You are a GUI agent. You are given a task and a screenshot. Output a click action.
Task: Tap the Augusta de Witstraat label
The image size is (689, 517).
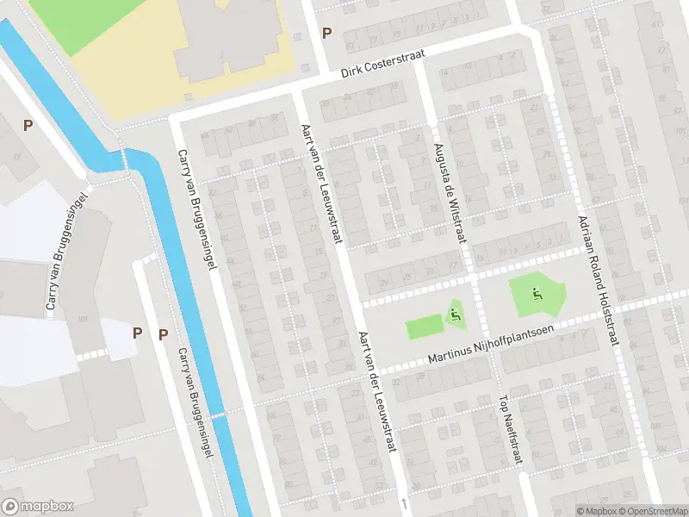coord(449,193)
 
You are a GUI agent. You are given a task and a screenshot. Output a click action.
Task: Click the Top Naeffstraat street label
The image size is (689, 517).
coord(511,430)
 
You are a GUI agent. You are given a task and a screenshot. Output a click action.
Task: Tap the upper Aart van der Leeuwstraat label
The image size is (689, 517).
coord(321,182)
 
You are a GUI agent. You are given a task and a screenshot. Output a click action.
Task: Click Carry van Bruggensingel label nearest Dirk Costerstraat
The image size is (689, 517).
coord(196,210)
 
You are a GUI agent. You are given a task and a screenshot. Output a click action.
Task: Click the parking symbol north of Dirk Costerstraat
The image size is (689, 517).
coord(326,34)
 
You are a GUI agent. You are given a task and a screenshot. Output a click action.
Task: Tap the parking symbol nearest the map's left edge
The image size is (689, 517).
coord(28,125)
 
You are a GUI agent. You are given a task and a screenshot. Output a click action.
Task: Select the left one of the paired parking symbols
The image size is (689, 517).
coord(137,333)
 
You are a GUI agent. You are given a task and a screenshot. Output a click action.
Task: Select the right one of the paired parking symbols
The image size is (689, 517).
coord(163,334)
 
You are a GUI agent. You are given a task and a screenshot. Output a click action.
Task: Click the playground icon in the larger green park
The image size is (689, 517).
coord(537,294)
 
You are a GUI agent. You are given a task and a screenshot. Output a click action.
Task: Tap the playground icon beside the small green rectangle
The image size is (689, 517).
coord(455,316)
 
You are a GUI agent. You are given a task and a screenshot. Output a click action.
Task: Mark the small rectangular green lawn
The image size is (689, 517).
coord(423,327)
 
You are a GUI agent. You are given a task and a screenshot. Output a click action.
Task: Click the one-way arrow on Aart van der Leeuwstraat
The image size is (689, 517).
coord(403,501)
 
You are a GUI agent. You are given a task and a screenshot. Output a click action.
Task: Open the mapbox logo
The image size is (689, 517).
coord(38,506)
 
